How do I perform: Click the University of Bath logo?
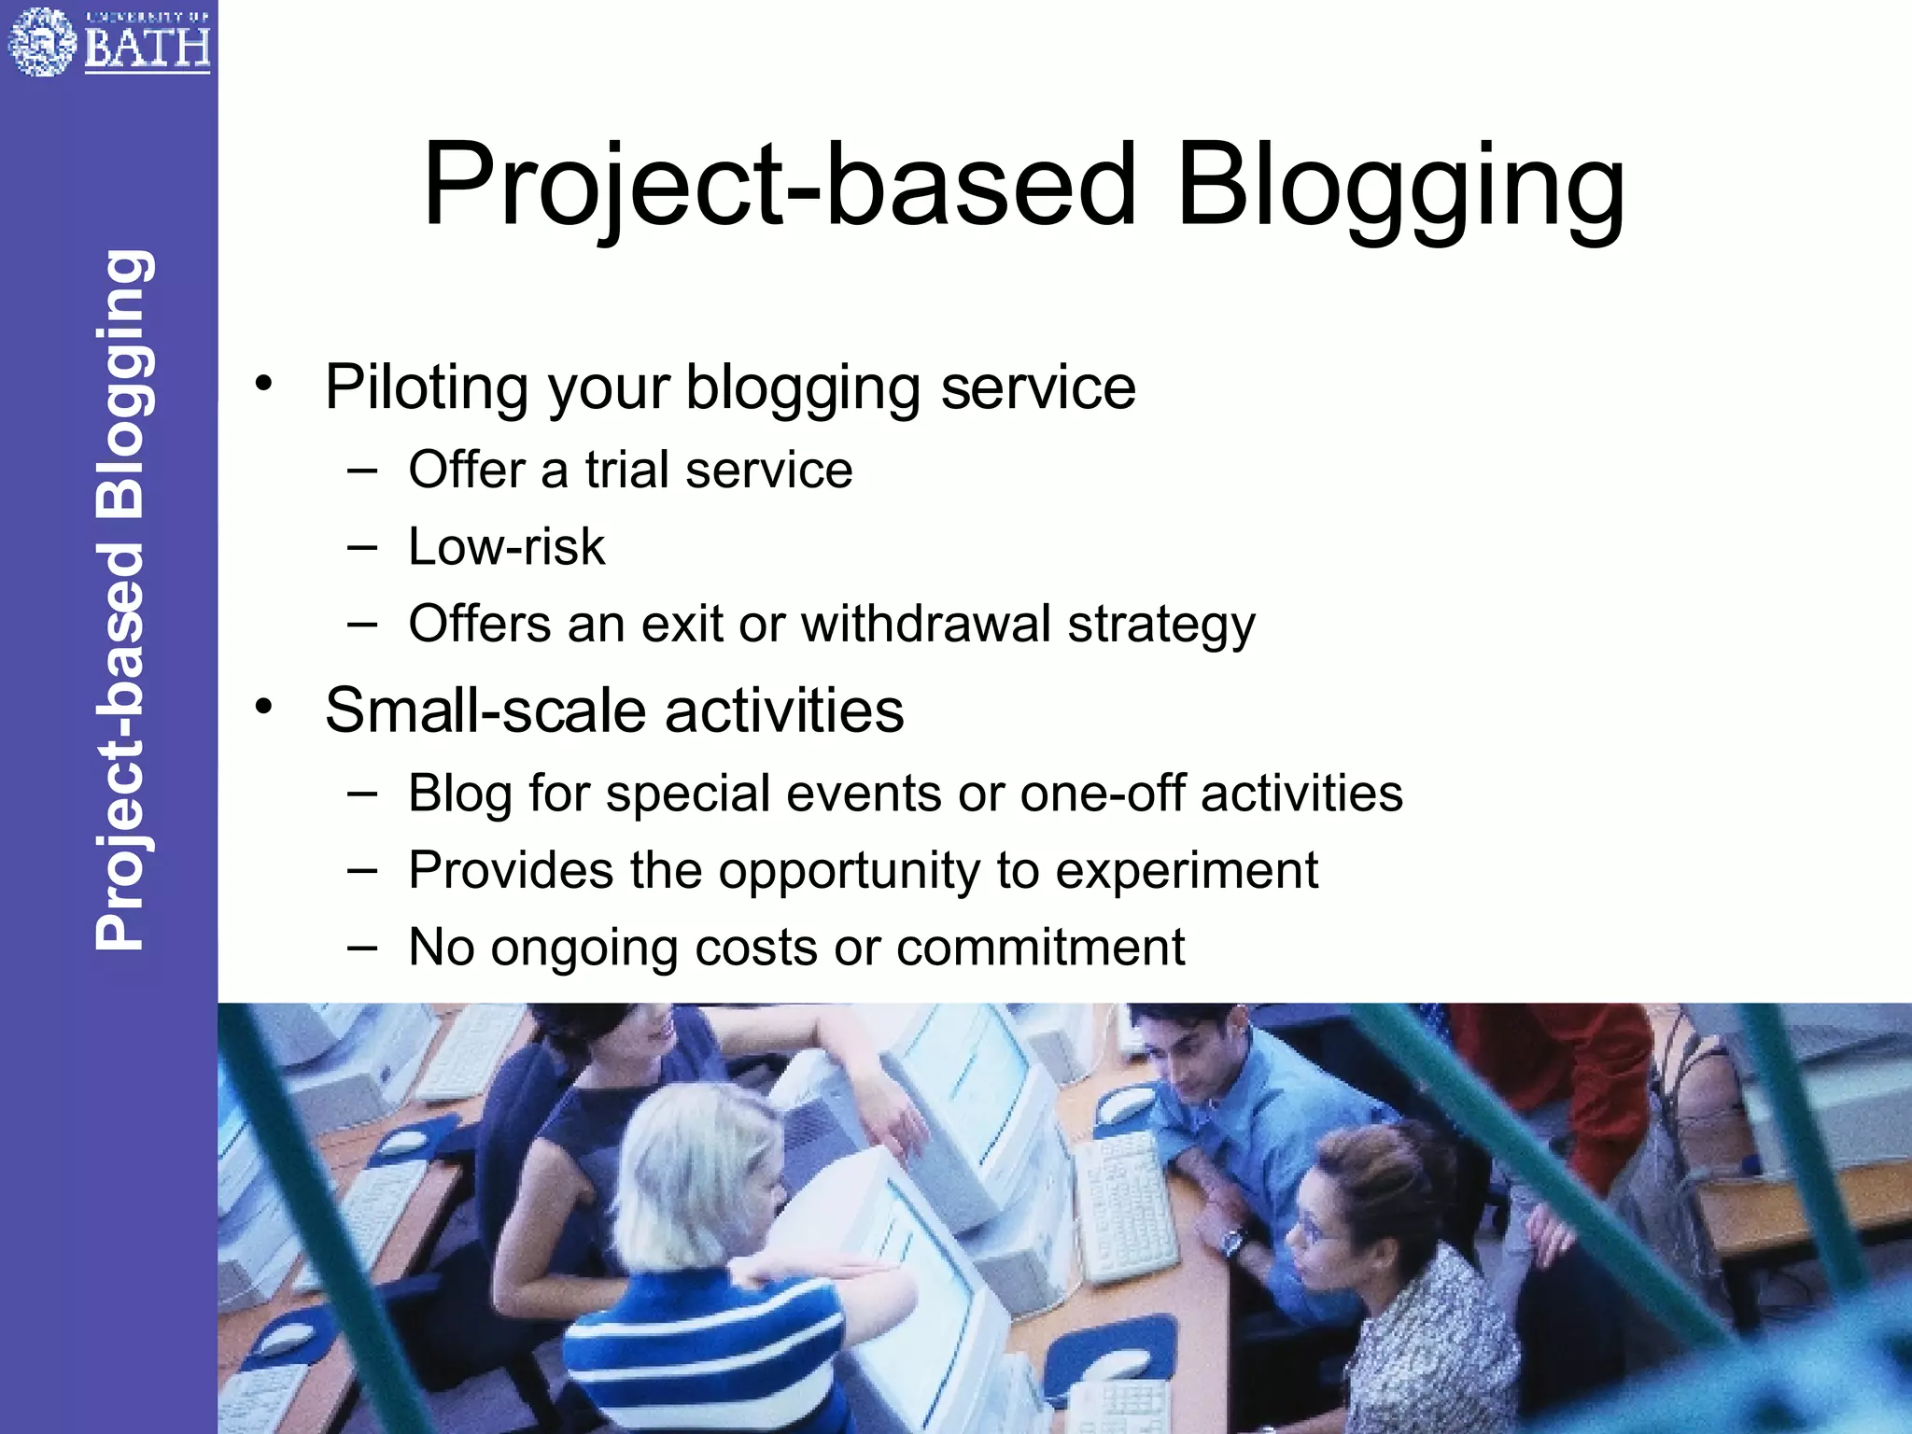coord(108,42)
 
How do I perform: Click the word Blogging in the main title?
coord(1400,187)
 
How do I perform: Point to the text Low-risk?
coord(506,547)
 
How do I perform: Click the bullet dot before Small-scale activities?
coord(265,707)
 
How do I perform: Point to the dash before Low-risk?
coord(362,547)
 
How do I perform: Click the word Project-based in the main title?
coord(780,187)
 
